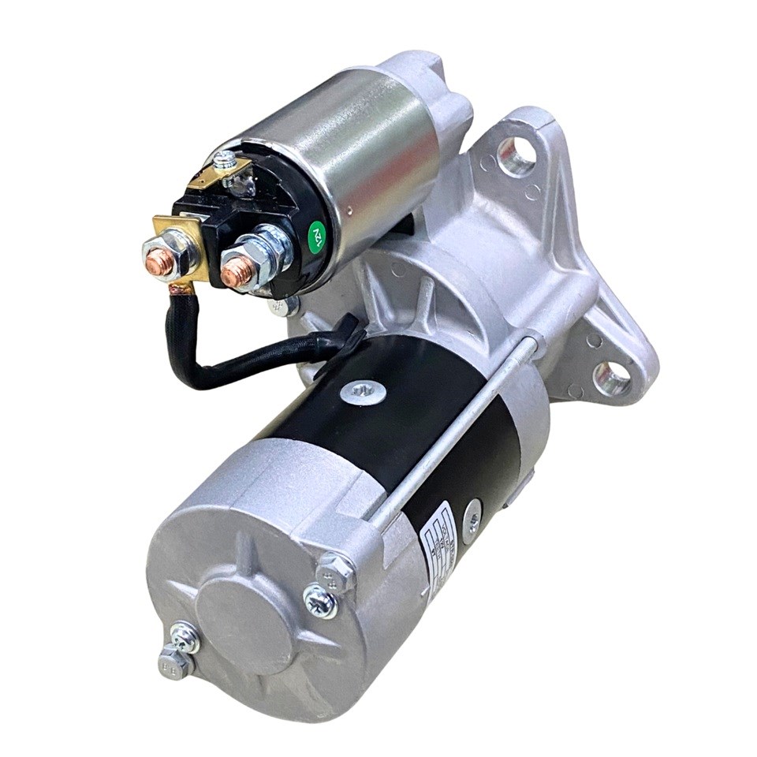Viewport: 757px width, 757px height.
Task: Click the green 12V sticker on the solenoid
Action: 317,234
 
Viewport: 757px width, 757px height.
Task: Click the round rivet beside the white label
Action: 473,513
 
